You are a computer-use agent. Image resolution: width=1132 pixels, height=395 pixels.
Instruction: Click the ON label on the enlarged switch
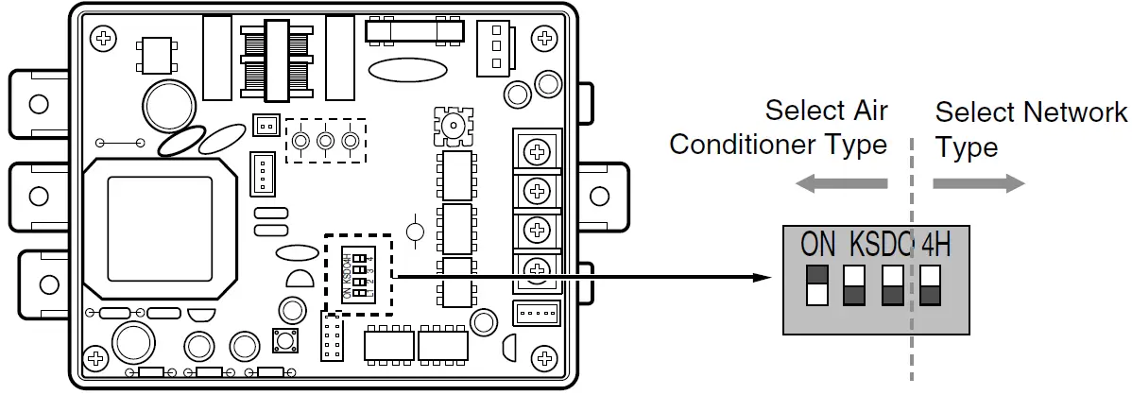click(x=817, y=244)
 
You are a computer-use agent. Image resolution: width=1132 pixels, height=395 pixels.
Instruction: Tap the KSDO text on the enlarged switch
click(x=882, y=244)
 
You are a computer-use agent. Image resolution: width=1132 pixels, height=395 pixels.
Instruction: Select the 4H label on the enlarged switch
click(x=935, y=244)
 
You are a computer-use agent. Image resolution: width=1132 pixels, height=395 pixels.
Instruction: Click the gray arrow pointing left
click(x=840, y=184)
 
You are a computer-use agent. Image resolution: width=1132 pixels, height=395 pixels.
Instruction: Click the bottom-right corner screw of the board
click(x=543, y=357)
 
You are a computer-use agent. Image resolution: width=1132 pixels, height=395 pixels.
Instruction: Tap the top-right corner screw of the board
click(x=543, y=39)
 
